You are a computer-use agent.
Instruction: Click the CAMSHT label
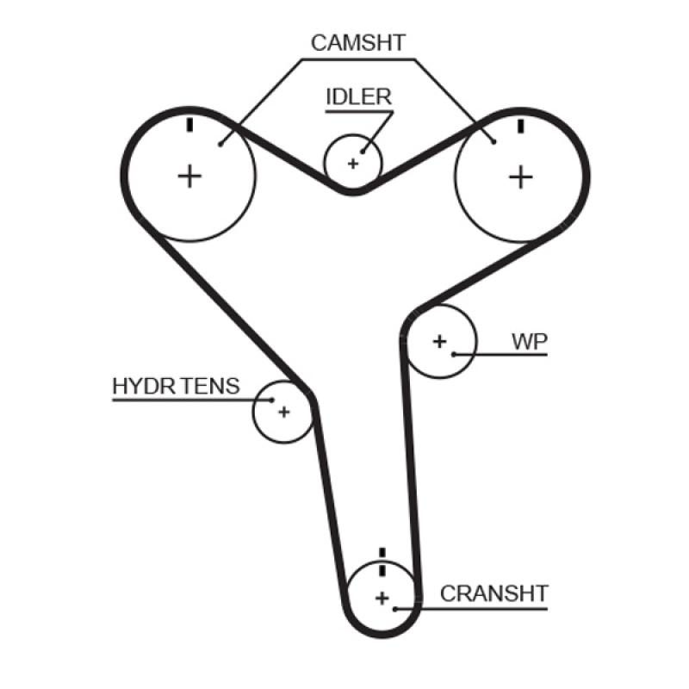point(357,43)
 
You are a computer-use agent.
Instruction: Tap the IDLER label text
point(357,96)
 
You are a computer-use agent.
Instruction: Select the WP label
point(529,341)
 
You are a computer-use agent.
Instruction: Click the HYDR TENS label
point(176,386)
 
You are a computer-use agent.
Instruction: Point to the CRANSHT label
point(493,593)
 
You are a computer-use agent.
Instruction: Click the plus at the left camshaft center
point(189,177)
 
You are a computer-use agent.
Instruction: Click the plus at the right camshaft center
point(519,177)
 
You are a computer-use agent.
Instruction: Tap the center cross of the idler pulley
point(352,163)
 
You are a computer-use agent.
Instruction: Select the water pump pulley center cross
point(440,341)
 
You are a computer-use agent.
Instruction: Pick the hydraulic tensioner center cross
point(283,412)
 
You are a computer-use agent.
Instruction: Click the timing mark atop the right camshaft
point(520,126)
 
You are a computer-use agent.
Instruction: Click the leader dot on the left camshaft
point(221,145)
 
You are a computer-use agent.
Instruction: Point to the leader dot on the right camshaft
point(493,141)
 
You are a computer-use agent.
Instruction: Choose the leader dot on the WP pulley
point(453,354)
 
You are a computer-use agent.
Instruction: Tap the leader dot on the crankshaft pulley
point(394,609)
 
